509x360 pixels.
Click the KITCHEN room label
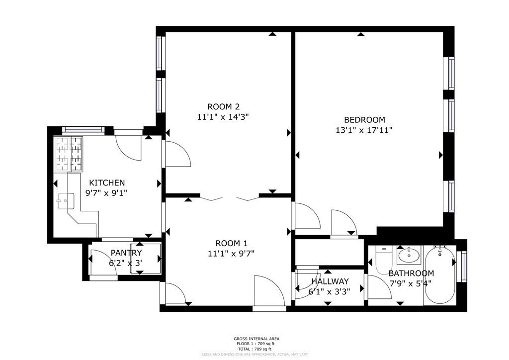[106, 182]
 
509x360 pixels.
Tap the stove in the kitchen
[69, 153]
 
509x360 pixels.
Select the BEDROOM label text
[364, 120]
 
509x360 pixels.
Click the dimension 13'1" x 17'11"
[364, 130]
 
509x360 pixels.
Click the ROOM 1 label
[231, 243]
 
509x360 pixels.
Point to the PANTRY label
[126, 253]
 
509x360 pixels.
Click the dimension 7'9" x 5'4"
[410, 283]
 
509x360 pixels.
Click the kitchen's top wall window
[83, 130]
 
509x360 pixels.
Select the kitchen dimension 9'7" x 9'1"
[106, 193]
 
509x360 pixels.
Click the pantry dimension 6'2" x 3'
[126, 263]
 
